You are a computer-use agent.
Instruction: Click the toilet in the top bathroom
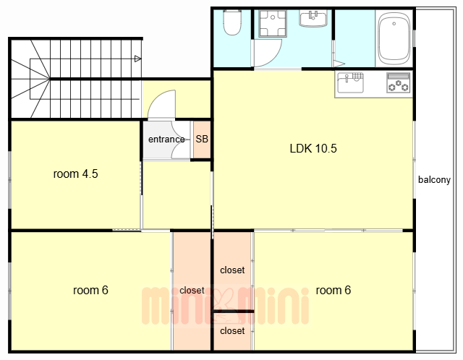point(232,22)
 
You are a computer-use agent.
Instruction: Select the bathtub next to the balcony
point(394,38)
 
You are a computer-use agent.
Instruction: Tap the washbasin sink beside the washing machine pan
point(313,18)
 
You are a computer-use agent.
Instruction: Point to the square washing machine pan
point(273,24)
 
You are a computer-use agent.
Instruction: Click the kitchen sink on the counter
point(350,83)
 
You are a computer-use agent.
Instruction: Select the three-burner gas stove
point(399,83)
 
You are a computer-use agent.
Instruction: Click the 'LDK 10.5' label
point(313,148)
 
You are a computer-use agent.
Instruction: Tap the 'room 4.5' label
point(75,173)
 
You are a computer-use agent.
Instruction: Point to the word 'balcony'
point(434,180)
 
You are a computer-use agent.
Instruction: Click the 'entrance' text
point(166,140)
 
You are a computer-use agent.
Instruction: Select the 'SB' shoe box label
point(202,139)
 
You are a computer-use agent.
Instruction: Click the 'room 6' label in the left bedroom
point(90,291)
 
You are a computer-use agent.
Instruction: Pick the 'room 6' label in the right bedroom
point(334,291)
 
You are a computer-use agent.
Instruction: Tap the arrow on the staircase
point(137,59)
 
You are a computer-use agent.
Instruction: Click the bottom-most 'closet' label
point(232,331)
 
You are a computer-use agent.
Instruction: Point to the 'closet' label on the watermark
point(192,291)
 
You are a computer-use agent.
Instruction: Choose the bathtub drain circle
point(394,24)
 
